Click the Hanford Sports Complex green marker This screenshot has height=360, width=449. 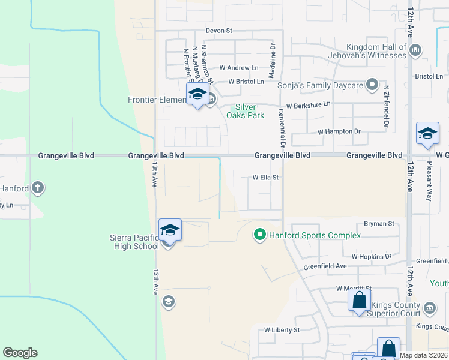pyautogui.click(x=260, y=235)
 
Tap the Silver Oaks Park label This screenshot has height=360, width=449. pyautogui.click(x=246, y=111)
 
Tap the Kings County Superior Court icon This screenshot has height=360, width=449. pyautogui.click(x=429, y=309)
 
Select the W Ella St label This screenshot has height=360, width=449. pyautogui.click(x=266, y=178)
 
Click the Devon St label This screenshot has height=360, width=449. pyautogui.click(x=218, y=31)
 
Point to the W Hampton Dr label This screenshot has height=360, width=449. pyautogui.click(x=339, y=131)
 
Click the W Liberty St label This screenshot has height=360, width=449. pyautogui.click(x=282, y=330)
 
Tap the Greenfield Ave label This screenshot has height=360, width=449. pyautogui.click(x=325, y=266)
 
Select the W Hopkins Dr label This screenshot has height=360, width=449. pyautogui.click(x=371, y=256)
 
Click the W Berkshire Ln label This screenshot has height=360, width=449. pyautogui.click(x=308, y=105)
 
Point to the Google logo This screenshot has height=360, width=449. pyautogui.click(x=20, y=353)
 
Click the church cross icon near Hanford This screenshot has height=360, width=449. pyautogui.click(x=38, y=188)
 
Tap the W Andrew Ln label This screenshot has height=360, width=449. pyautogui.click(x=239, y=68)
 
